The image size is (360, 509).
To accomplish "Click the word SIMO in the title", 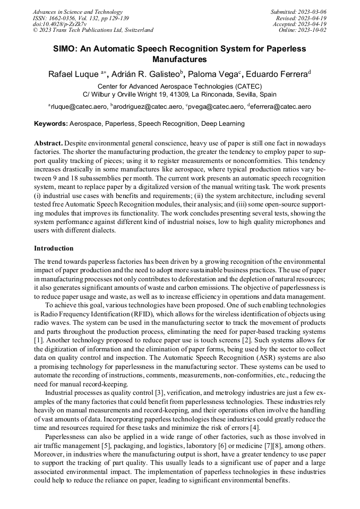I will (x=65, y=49).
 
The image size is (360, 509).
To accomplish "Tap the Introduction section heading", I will (x=54, y=248).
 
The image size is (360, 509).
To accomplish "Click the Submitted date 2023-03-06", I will (x=312, y=12).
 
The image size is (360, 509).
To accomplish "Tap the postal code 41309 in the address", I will (x=176, y=94).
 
